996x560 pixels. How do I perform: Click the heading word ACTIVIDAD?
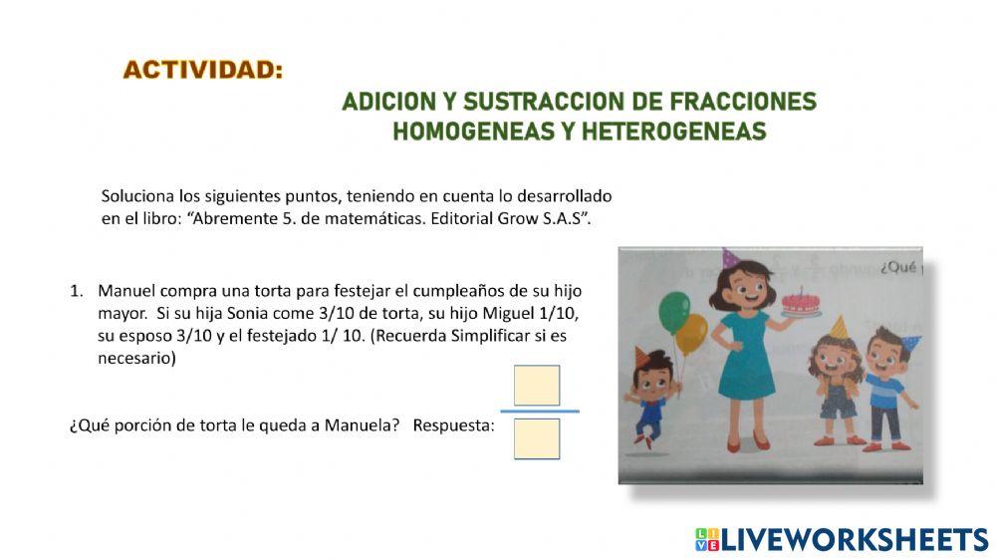(x=203, y=71)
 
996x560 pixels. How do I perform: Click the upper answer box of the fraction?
(x=537, y=386)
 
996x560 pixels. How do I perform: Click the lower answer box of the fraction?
(x=537, y=438)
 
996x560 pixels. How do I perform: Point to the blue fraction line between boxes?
(x=539, y=411)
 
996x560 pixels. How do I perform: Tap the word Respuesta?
(x=453, y=426)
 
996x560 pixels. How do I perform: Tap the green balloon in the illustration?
(x=673, y=312)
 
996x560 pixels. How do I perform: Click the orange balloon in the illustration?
(x=691, y=335)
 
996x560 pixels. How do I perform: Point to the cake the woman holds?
(x=801, y=301)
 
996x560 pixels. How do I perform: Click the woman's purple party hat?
(x=730, y=258)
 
